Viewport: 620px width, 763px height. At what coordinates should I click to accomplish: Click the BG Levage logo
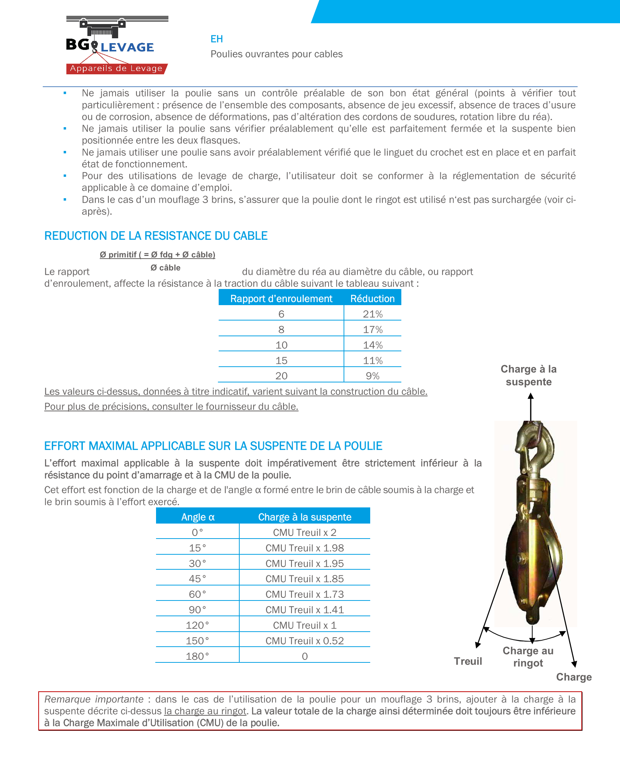[x=117, y=45]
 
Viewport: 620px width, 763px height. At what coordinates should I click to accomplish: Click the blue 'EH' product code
[x=216, y=39]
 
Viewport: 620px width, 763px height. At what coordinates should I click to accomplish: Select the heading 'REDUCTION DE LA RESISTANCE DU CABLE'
[x=156, y=236]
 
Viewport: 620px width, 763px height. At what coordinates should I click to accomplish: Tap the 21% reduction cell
[x=372, y=314]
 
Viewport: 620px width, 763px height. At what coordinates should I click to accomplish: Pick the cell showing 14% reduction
[x=372, y=345]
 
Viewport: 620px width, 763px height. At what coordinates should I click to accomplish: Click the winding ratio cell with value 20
[x=281, y=376]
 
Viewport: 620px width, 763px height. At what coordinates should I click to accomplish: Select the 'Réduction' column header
[x=372, y=299]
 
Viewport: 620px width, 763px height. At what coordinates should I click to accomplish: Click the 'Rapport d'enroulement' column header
[x=281, y=299]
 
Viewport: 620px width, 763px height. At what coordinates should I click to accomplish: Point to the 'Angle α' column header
[x=198, y=517]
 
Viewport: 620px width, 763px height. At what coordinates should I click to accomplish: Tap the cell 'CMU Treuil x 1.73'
[x=305, y=594]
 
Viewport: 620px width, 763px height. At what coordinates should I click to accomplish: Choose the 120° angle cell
[x=197, y=625]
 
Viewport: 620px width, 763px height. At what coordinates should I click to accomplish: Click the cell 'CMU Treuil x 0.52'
[x=305, y=641]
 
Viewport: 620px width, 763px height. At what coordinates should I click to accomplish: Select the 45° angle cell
[x=197, y=579]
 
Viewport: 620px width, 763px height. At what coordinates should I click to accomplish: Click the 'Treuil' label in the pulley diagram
[x=468, y=661]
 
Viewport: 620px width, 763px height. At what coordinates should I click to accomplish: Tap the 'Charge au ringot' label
[x=528, y=657]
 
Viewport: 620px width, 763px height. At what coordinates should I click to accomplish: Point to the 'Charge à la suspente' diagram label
[x=528, y=375]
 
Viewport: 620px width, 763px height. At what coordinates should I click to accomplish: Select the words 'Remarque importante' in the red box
[x=94, y=699]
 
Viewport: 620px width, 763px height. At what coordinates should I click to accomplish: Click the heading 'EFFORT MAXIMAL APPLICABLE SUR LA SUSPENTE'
[x=213, y=446]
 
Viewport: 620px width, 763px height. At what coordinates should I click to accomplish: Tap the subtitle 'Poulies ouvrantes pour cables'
[x=276, y=54]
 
